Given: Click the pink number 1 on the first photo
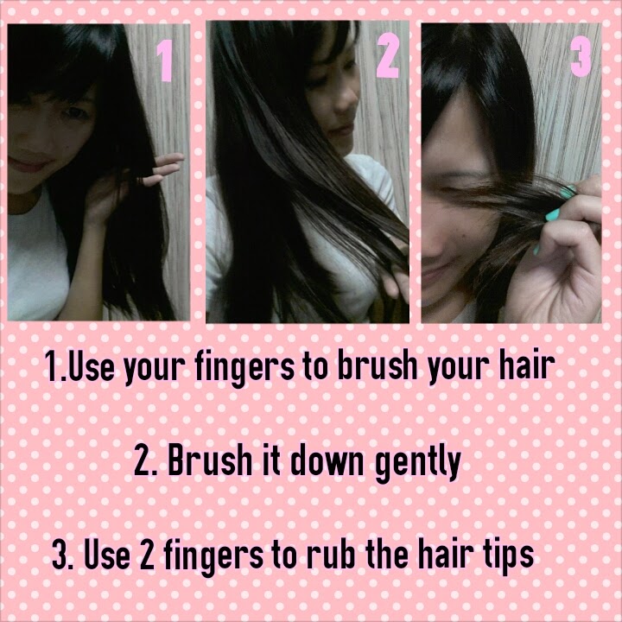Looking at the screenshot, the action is [165, 60].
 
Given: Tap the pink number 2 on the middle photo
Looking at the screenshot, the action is [387, 55].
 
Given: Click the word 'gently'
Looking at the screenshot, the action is [418, 463].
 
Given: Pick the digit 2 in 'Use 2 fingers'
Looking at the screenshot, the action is [146, 555].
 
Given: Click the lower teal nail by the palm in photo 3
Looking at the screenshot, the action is [536, 250].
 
